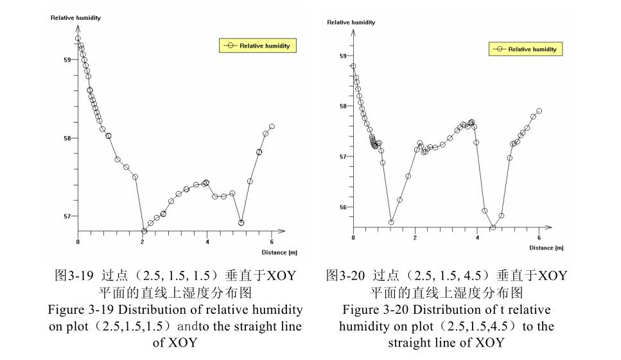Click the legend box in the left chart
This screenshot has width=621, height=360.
pyautogui.click(x=258, y=46)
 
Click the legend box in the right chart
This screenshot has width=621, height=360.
pyautogui.click(x=525, y=49)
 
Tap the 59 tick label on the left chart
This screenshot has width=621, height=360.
pyautogui.click(x=67, y=60)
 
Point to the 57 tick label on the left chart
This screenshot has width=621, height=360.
pyautogui.click(x=67, y=216)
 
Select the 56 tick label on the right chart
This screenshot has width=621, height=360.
pyautogui.click(x=343, y=207)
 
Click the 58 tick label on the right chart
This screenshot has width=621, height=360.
pyautogui.click(x=343, y=106)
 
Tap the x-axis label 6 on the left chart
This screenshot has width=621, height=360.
pyautogui.click(x=272, y=242)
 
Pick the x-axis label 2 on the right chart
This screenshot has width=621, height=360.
pyautogui.click(x=415, y=238)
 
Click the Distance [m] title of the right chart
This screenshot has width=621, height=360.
pyautogui.click(x=546, y=248)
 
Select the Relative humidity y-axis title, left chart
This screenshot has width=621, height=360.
pyautogui.click(x=76, y=17)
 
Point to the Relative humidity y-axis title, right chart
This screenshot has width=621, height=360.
pyautogui.click(x=351, y=22)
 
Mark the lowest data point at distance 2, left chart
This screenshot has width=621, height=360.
pyautogui.click(x=144, y=231)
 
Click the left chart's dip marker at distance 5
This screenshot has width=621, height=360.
pyautogui.click(x=241, y=223)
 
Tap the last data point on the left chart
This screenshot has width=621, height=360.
pyautogui.click(x=272, y=126)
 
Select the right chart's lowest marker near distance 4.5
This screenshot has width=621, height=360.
pyautogui.click(x=493, y=227)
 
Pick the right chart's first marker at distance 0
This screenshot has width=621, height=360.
pyautogui.click(x=353, y=66)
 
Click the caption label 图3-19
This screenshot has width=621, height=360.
pyautogui.click(x=73, y=276)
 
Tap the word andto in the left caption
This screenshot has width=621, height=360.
pyautogui.click(x=212, y=326)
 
